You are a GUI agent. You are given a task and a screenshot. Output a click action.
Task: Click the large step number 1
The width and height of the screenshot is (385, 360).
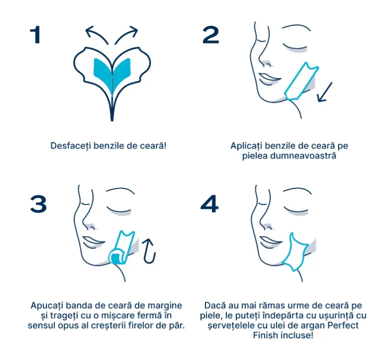pyautogui.click(x=35, y=35)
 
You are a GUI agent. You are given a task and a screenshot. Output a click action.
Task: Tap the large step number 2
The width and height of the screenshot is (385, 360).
pyautogui.click(x=210, y=35)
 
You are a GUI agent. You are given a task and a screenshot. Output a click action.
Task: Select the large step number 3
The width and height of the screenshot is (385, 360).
pyautogui.click(x=38, y=204)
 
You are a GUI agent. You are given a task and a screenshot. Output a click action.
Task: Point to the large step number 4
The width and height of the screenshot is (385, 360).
pyautogui.click(x=209, y=204)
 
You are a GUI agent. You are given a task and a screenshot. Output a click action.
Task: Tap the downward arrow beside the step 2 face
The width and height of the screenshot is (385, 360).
pyautogui.click(x=325, y=92)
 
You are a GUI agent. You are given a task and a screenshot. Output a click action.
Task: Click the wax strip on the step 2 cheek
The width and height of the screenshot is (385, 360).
pyautogui.click(x=301, y=81)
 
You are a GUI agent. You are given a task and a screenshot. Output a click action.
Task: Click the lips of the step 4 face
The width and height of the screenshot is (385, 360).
pyautogui.click(x=270, y=242)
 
